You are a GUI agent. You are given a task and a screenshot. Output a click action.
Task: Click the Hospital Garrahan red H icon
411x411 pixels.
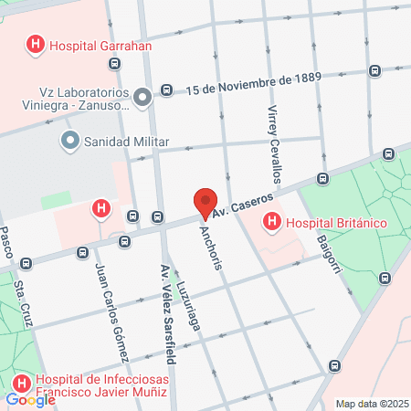tap(36, 43)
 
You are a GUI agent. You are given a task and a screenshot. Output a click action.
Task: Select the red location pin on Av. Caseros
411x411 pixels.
tap(206, 202)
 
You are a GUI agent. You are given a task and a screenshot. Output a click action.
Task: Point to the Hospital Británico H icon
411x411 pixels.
tap(272, 222)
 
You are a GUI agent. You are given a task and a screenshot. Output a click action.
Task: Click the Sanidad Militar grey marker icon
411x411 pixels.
tap(69, 141)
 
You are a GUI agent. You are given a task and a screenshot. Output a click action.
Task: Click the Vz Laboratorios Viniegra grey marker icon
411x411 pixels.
tap(142, 97)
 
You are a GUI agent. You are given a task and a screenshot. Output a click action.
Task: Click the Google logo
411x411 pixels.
tap(30, 399)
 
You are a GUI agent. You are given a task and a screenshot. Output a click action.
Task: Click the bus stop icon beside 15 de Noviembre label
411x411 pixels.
tap(167, 90)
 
